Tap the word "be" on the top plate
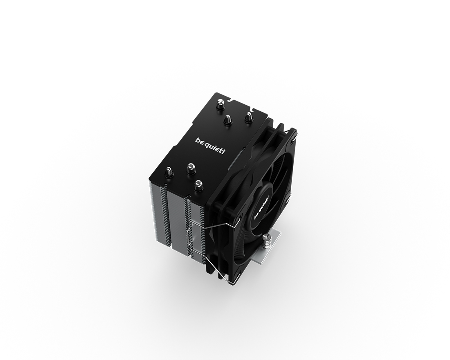coord(202,141)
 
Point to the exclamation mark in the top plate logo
coord(224,151)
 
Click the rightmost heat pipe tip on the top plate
coord(248,117)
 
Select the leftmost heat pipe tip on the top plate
coord(168,172)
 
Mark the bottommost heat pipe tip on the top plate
coord(198,185)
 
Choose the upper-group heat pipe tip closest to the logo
coord(228,120)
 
